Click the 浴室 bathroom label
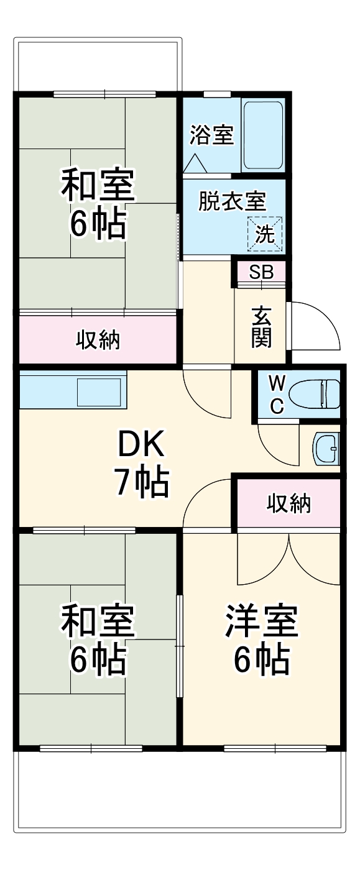point(211,135)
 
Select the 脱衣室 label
point(231,202)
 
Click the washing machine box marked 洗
point(265,234)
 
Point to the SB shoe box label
point(261,273)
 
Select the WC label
point(276,395)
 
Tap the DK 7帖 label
point(141,464)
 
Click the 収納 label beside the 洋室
point(288,504)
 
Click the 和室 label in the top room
point(98,186)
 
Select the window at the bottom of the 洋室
point(275,748)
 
